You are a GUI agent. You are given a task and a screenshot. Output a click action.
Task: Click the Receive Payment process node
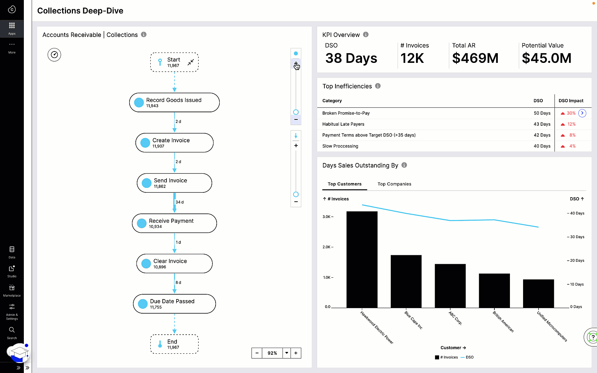174,223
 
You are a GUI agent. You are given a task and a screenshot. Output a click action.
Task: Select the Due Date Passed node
174,304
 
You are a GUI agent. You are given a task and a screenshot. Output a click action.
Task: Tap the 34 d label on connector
179,202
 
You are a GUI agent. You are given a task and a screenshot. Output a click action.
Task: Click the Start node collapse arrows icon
191,62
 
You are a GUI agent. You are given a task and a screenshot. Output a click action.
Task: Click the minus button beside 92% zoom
257,353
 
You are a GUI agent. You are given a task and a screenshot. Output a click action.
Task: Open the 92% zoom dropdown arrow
286,353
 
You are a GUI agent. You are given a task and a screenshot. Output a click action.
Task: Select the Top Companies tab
394,184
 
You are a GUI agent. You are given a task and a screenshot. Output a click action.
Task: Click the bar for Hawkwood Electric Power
362,259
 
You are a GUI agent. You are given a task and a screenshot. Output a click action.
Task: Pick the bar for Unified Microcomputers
538,293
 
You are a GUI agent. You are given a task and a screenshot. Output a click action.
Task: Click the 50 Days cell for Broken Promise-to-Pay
542,113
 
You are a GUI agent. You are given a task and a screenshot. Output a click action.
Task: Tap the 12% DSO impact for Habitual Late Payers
571,124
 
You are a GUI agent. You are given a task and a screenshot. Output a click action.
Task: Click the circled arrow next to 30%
582,113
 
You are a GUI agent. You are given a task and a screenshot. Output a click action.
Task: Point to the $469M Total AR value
475,58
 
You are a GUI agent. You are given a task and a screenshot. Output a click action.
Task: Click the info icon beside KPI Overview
366,35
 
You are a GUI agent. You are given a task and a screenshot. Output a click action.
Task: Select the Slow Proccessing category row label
340,146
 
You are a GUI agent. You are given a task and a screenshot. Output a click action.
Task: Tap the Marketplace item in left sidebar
12,290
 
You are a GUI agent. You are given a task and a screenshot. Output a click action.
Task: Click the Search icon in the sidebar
12,330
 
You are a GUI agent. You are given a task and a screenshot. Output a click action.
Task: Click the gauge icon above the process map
54,55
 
